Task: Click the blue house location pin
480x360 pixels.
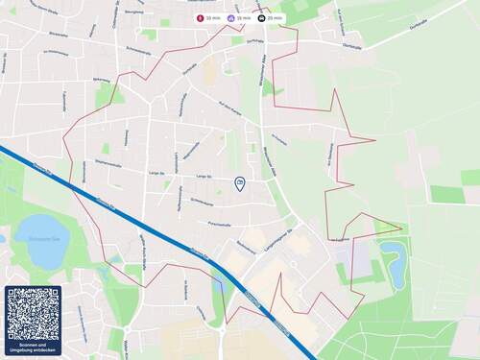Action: click(x=239, y=182)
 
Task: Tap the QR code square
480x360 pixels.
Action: click(x=33, y=314)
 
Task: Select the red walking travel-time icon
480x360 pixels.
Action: click(x=200, y=18)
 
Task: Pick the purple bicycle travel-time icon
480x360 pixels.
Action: click(x=230, y=18)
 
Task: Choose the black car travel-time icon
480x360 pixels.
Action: click(x=261, y=18)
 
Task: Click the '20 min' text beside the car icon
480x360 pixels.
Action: click(x=276, y=18)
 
